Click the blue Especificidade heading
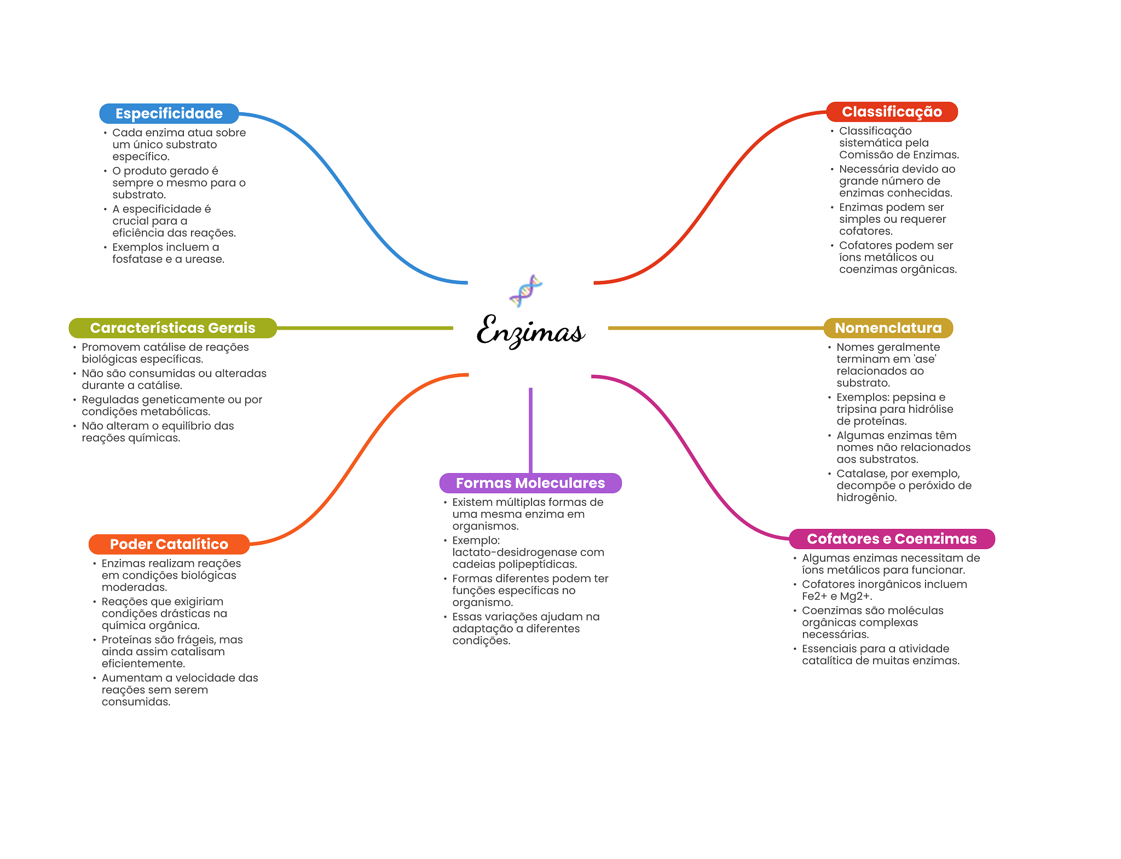169,113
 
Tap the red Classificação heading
892,112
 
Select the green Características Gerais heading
172,328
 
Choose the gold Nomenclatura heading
888,328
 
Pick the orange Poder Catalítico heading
169,544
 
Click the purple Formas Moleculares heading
530,483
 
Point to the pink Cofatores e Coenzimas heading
892,539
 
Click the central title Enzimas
530,331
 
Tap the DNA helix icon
525,291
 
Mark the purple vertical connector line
530,430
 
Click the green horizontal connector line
365,328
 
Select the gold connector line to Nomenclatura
715,328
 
